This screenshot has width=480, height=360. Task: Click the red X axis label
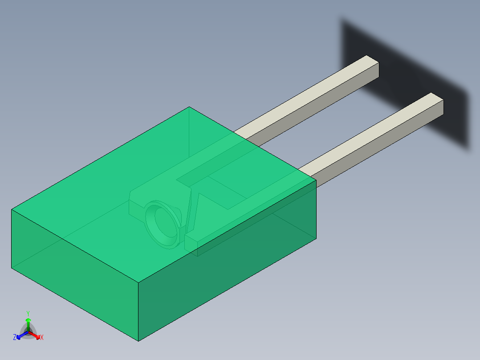point(42,338)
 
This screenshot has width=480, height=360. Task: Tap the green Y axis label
point(28,313)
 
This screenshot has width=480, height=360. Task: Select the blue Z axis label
point(15,338)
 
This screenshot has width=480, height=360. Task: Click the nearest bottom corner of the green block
point(138,341)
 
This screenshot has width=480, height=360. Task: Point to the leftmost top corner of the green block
point(12,209)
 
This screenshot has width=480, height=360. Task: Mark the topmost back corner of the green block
point(189,107)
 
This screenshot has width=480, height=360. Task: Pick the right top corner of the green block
point(316,180)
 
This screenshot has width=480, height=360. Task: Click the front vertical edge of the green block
point(138,312)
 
